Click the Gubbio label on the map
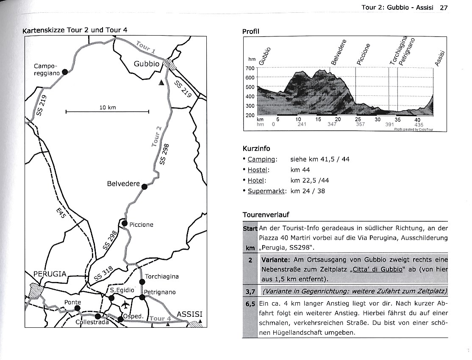[147, 64]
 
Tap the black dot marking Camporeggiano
[65, 72]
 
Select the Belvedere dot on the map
[144, 186]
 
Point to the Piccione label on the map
[141, 225]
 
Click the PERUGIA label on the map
[50, 274]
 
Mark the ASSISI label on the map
[189, 314]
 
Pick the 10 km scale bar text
[108, 108]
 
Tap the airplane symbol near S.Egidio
[125, 305]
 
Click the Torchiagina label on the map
[162, 276]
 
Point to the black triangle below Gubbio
[161, 83]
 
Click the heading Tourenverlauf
[266, 215]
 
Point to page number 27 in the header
[444, 7]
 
